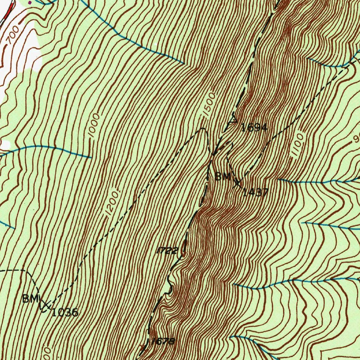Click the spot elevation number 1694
[254, 128]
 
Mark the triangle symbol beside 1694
[233, 121]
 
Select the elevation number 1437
[256, 192]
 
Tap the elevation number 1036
[65, 312]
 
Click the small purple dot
[30, 2]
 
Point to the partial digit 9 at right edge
[356, 139]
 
